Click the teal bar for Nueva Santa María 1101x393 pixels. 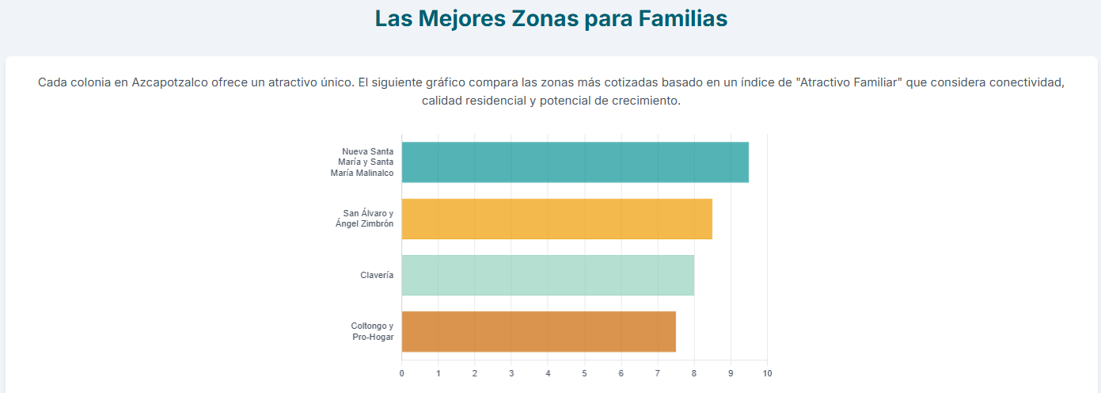[575, 162]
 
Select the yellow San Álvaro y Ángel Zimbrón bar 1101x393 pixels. [556, 219]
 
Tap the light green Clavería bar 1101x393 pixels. [548, 275]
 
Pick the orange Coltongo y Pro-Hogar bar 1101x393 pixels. [538, 331]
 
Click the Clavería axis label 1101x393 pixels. [377, 276]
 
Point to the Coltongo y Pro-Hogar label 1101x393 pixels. [372, 331]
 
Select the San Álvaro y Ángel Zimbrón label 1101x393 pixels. [365, 219]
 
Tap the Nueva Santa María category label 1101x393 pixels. [363, 162]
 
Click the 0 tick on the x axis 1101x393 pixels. [401, 373]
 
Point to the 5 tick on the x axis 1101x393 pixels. [584, 373]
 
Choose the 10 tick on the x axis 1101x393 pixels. [767, 373]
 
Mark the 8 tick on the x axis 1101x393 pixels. [694, 373]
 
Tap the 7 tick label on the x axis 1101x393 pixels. [658, 373]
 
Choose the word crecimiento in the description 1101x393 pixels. [645, 101]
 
